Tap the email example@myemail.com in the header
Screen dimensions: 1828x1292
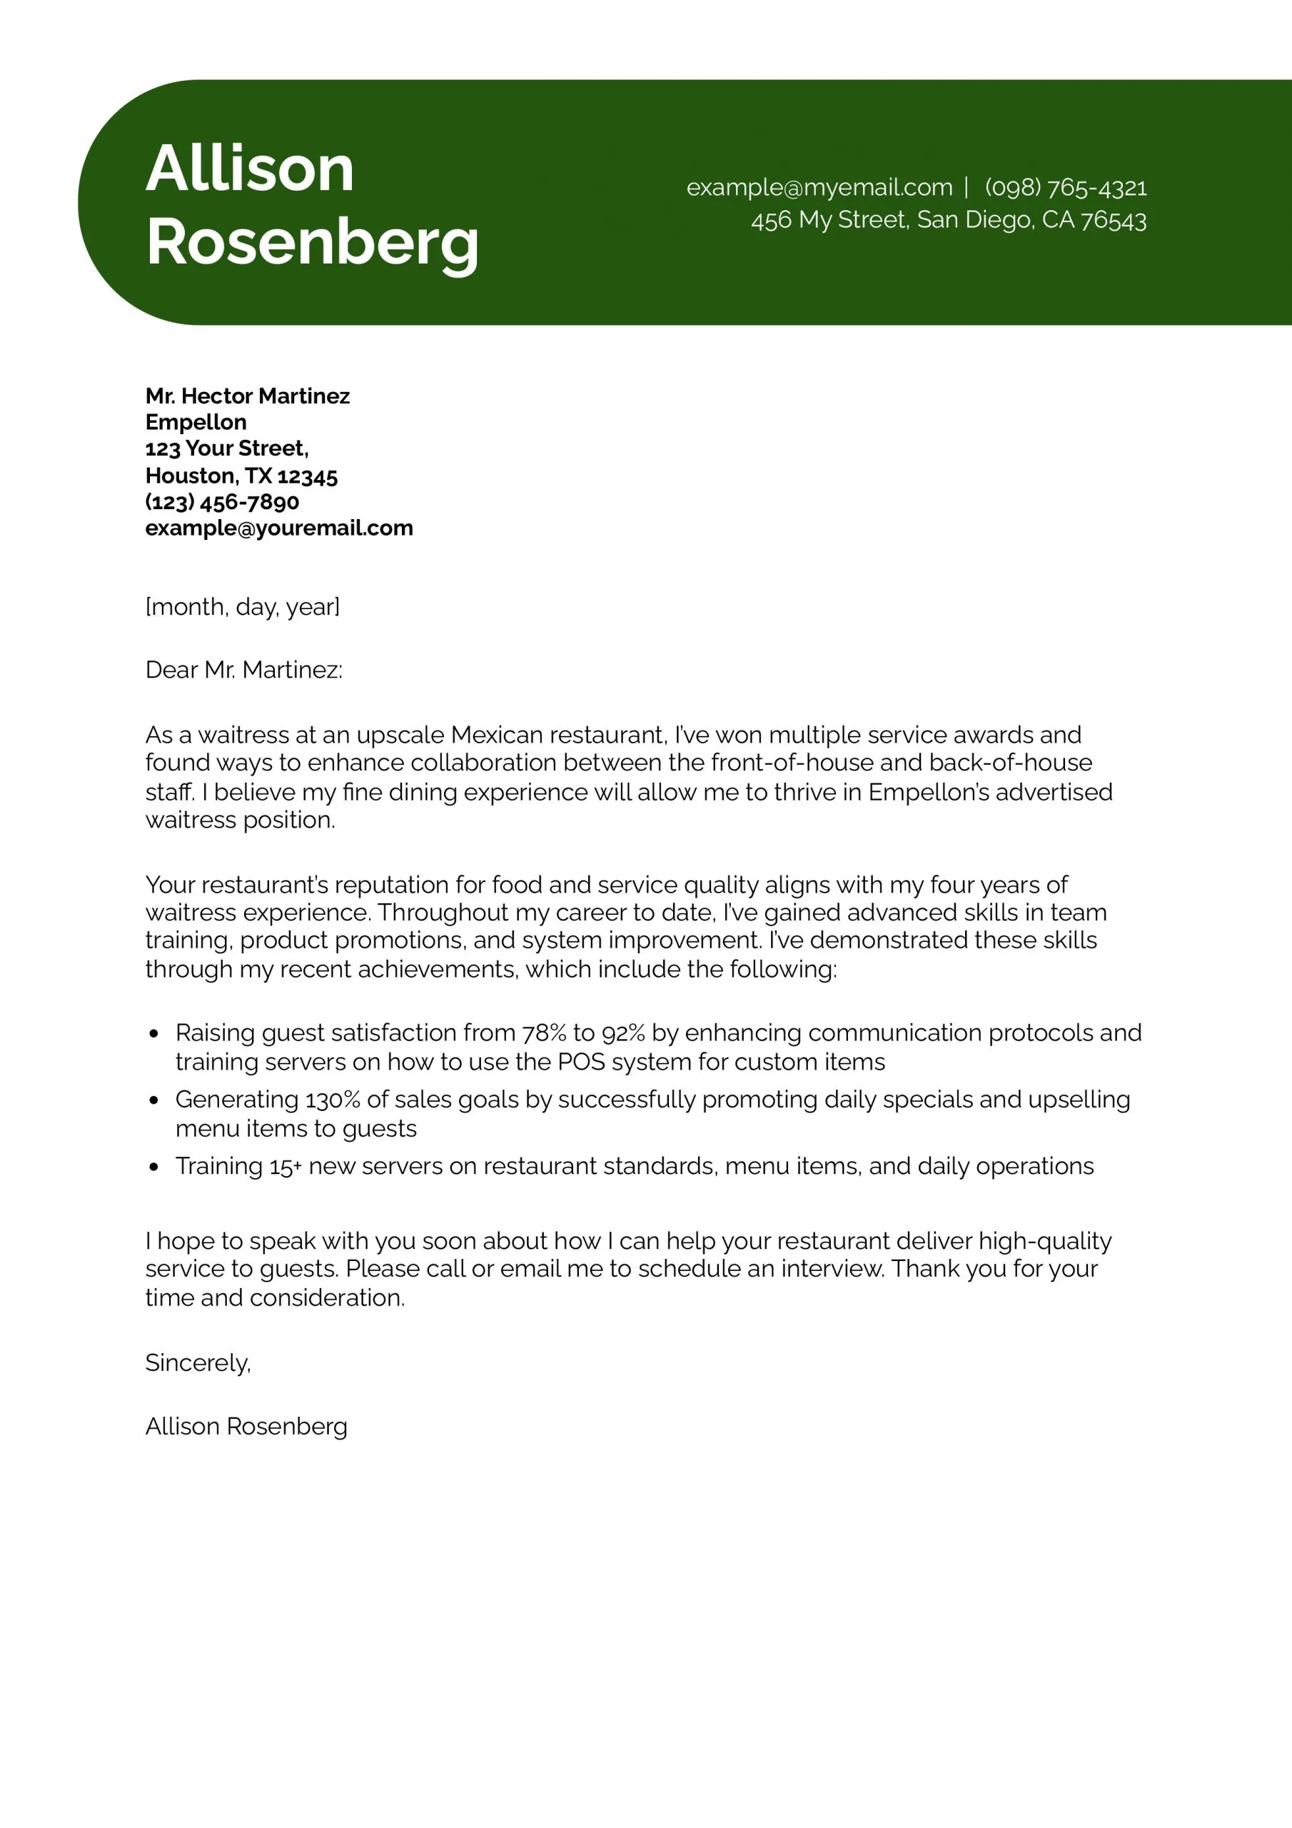819,187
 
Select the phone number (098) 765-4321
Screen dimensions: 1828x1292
1065,188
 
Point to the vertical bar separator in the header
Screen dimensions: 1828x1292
967,187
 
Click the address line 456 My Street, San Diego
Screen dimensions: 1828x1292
948,220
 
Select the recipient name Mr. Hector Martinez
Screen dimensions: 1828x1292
248,396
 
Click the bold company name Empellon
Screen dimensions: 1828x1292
196,422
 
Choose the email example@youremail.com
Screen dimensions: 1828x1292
278,528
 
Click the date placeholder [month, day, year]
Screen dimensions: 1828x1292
243,607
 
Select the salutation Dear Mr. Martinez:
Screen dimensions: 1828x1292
243,670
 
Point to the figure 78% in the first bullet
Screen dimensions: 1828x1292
544,1033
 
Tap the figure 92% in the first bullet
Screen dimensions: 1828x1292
623,1033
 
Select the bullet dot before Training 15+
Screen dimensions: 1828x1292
154,1167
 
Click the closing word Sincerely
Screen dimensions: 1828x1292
198,1363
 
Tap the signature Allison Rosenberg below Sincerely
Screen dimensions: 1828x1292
247,1426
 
